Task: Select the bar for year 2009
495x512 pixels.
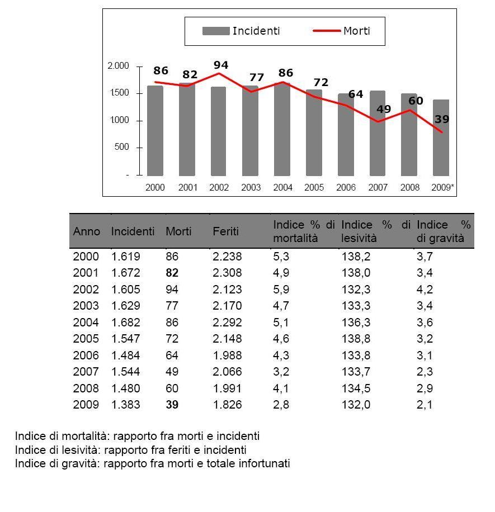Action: point(441,140)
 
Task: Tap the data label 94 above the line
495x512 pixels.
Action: point(221,65)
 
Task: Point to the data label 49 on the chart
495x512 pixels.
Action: point(383,109)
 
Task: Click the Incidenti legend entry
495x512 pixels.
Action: point(241,31)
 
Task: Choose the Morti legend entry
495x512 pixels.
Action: point(341,31)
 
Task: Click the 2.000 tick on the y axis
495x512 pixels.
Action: point(118,66)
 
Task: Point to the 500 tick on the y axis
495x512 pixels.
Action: point(121,148)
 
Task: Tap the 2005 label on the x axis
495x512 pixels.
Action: point(314,188)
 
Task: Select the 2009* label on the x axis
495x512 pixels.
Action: point(442,188)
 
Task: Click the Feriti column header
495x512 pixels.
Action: point(225,231)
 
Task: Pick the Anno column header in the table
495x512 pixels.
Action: point(87,231)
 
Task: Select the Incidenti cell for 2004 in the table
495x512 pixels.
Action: point(125,323)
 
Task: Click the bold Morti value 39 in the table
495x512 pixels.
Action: point(172,405)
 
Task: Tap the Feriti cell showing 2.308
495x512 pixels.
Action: point(227,273)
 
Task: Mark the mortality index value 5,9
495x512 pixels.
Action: point(281,290)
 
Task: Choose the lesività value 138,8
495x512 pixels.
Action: point(356,339)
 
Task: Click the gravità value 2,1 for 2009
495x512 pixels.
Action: point(425,405)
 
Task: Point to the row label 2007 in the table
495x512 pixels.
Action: point(86,372)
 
